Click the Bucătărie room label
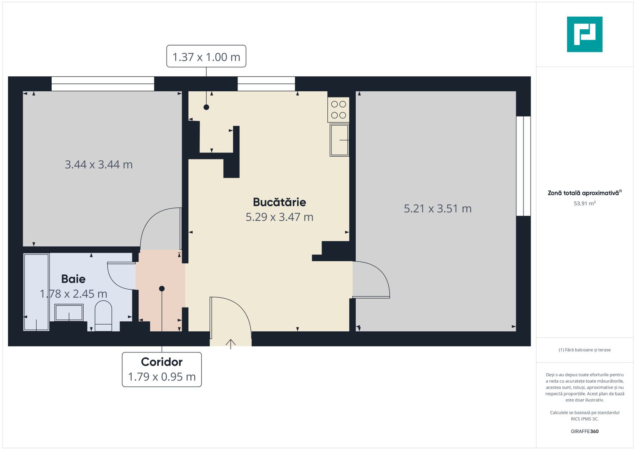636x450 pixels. point(279,202)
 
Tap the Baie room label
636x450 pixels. point(73,279)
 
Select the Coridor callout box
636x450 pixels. point(162,369)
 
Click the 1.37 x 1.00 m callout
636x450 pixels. point(206,57)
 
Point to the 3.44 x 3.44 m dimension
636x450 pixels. point(99,165)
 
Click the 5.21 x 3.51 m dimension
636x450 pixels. point(437,208)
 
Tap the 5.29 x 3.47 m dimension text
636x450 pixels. point(279,217)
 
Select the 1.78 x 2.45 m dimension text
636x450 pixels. point(73,294)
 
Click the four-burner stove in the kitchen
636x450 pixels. point(339,110)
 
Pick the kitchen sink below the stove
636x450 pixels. point(339,140)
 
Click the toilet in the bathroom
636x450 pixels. point(103,316)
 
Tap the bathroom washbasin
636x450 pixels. point(69,312)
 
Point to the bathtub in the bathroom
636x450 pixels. point(36,292)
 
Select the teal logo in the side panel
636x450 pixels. point(584,35)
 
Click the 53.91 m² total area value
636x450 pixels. point(584,203)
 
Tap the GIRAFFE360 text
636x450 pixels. point(584,431)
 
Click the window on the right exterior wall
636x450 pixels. point(523,166)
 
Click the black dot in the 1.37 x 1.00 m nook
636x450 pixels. point(206,107)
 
